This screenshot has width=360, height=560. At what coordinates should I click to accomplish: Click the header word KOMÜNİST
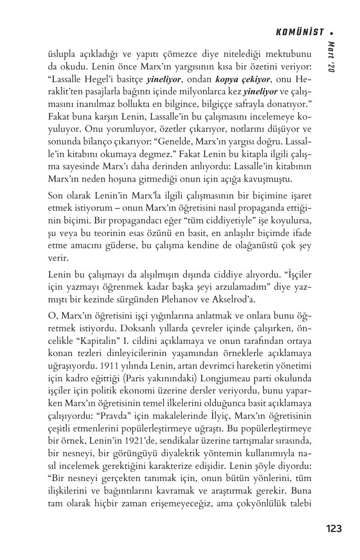pyautogui.click(x=299, y=32)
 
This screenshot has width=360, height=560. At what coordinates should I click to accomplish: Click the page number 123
pyautogui.click(x=334, y=528)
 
